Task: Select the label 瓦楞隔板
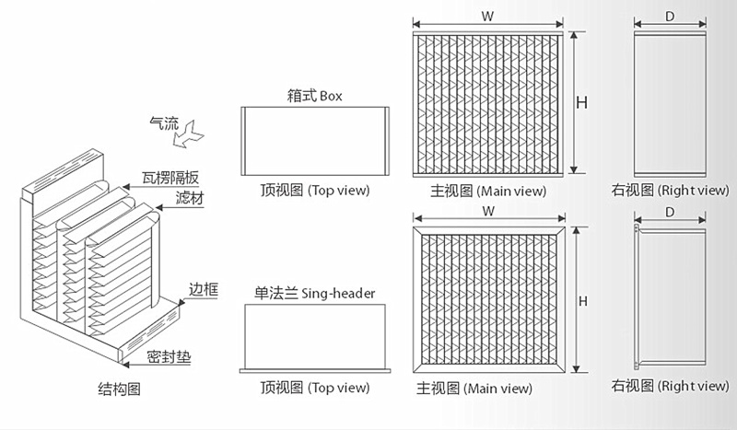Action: pyautogui.click(x=171, y=178)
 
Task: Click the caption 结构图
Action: pyautogui.click(x=119, y=389)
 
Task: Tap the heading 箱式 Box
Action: pyautogui.click(x=314, y=96)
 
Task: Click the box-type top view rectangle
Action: pyautogui.click(x=314, y=141)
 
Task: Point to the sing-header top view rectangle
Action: pyautogui.click(x=314, y=337)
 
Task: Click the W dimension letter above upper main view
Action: pyautogui.click(x=485, y=16)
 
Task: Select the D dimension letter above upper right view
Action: pyautogui.click(x=670, y=16)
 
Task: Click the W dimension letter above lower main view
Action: pyautogui.click(x=485, y=211)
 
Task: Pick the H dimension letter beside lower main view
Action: pyautogui.click(x=582, y=301)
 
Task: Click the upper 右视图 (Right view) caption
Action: pyautogui.click(x=670, y=191)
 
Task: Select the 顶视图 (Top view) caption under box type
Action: pyautogui.click(x=314, y=191)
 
